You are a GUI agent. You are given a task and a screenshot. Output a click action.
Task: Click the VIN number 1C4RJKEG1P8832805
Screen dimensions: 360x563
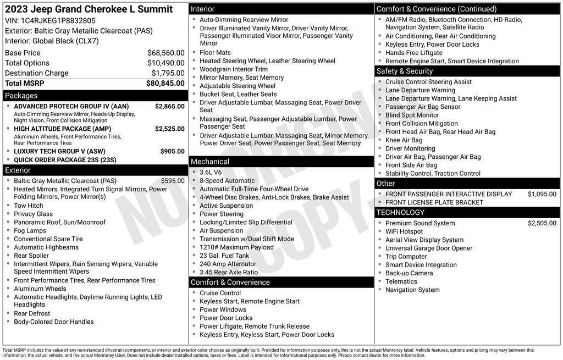[x=58, y=21]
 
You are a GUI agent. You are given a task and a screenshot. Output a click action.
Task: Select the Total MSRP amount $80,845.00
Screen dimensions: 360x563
[x=165, y=84]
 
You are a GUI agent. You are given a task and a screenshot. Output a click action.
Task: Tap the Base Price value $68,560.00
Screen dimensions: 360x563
[x=165, y=53]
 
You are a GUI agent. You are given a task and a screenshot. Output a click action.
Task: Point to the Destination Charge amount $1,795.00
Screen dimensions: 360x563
[x=168, y=73]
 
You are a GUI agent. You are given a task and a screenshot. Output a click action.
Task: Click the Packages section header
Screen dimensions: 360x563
[x=21, y=96]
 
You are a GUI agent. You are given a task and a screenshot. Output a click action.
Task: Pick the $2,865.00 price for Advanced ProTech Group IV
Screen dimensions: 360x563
[x=169, y=106]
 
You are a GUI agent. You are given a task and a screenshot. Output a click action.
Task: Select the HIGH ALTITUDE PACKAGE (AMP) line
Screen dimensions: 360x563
[x=62, y=129]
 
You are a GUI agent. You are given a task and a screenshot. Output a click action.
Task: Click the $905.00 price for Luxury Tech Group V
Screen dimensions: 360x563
[x=172, y=151]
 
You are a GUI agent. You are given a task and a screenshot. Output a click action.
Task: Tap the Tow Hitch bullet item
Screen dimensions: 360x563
[x=29, y=206]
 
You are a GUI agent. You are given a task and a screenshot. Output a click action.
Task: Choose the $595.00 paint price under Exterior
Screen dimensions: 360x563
[x=173, y=181]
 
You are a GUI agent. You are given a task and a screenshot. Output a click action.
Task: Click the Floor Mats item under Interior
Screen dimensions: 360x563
[x=215, y=53]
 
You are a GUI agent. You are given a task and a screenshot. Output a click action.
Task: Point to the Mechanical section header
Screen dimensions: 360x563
[x=210, y=162]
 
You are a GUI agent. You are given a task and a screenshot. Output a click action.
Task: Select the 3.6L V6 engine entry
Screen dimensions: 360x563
[x=211, y=172]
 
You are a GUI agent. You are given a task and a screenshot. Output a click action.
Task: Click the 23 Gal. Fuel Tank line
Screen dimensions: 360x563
[x=224, y=256]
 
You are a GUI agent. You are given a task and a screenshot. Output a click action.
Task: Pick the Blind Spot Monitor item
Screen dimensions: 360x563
[x=412, y=115]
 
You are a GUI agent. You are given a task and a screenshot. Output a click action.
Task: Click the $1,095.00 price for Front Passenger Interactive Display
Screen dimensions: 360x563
[x=542, y=194]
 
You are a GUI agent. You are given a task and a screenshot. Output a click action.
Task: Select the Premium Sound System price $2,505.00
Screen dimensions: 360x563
[x=542, y=223]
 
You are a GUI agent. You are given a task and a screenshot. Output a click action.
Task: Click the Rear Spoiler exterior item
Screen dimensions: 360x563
[x=31, y=256]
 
